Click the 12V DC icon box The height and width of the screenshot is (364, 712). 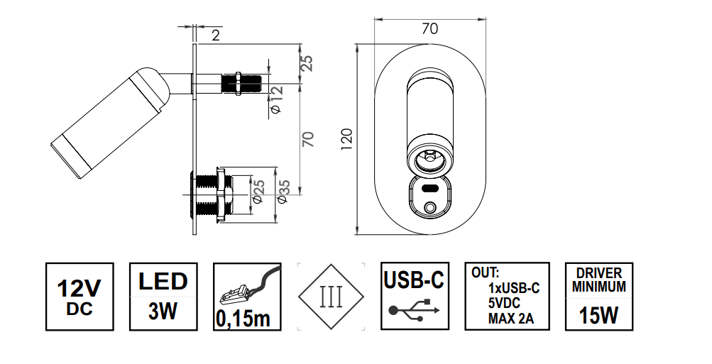pos(80,297)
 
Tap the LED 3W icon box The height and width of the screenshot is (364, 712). pos(163,297)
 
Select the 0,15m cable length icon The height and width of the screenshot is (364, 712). pos(248,297)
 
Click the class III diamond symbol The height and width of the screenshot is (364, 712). pos(331,297)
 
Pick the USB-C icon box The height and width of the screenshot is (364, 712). pos(415,296)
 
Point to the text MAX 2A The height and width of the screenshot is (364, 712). pos(511,318)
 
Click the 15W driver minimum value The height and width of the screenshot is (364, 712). pos(598,314)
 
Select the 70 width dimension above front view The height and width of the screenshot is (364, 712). pos(429,28)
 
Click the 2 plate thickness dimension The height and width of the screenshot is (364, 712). pos(216,35)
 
